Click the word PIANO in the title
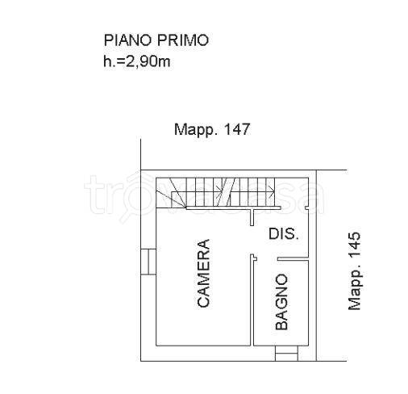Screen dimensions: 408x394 pyautogui.click(x=127, y=40)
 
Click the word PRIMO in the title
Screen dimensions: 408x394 pyautogui.click(x=183, y=40)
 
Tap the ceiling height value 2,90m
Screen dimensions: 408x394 pyautogui.click(x=148, y=61)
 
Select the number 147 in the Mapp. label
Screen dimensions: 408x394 pyautogui.click(x=237, y=129)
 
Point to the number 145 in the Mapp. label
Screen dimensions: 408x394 pyautogui.click(x=354, y=245)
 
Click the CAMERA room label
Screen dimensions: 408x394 pyautogui.click(x=203, y=273)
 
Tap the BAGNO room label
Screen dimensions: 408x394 pyautogui.click(x=281, y=302)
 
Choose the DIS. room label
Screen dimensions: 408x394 pyautogui.click(x=284, y=234)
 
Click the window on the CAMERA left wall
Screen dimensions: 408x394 pyautogui.click(x=148, y=262)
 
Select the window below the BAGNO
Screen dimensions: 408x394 pyautogui.click(x=286, y=353)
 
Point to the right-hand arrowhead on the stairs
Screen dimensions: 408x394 pyautogui.click(x=272, y=191)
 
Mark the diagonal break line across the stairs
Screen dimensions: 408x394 pyautogui.click(x=226, y=192)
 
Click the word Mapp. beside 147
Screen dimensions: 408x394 pyautogui.click(x=195, y=130)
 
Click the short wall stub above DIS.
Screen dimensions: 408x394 pyautogui.click(x=252, y=217)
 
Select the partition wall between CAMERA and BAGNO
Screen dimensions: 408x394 pyautogui.click(x=252, y=300)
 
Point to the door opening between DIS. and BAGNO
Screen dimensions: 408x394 pyautogui.click(x=265, y=259)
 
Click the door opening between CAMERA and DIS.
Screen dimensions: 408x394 pyautogui.click(x=252, y=240)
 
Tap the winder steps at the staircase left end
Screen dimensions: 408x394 pyautogui.click(x=171, y=193)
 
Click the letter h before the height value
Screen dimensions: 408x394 pyautogui.click(x=107, y=61)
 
